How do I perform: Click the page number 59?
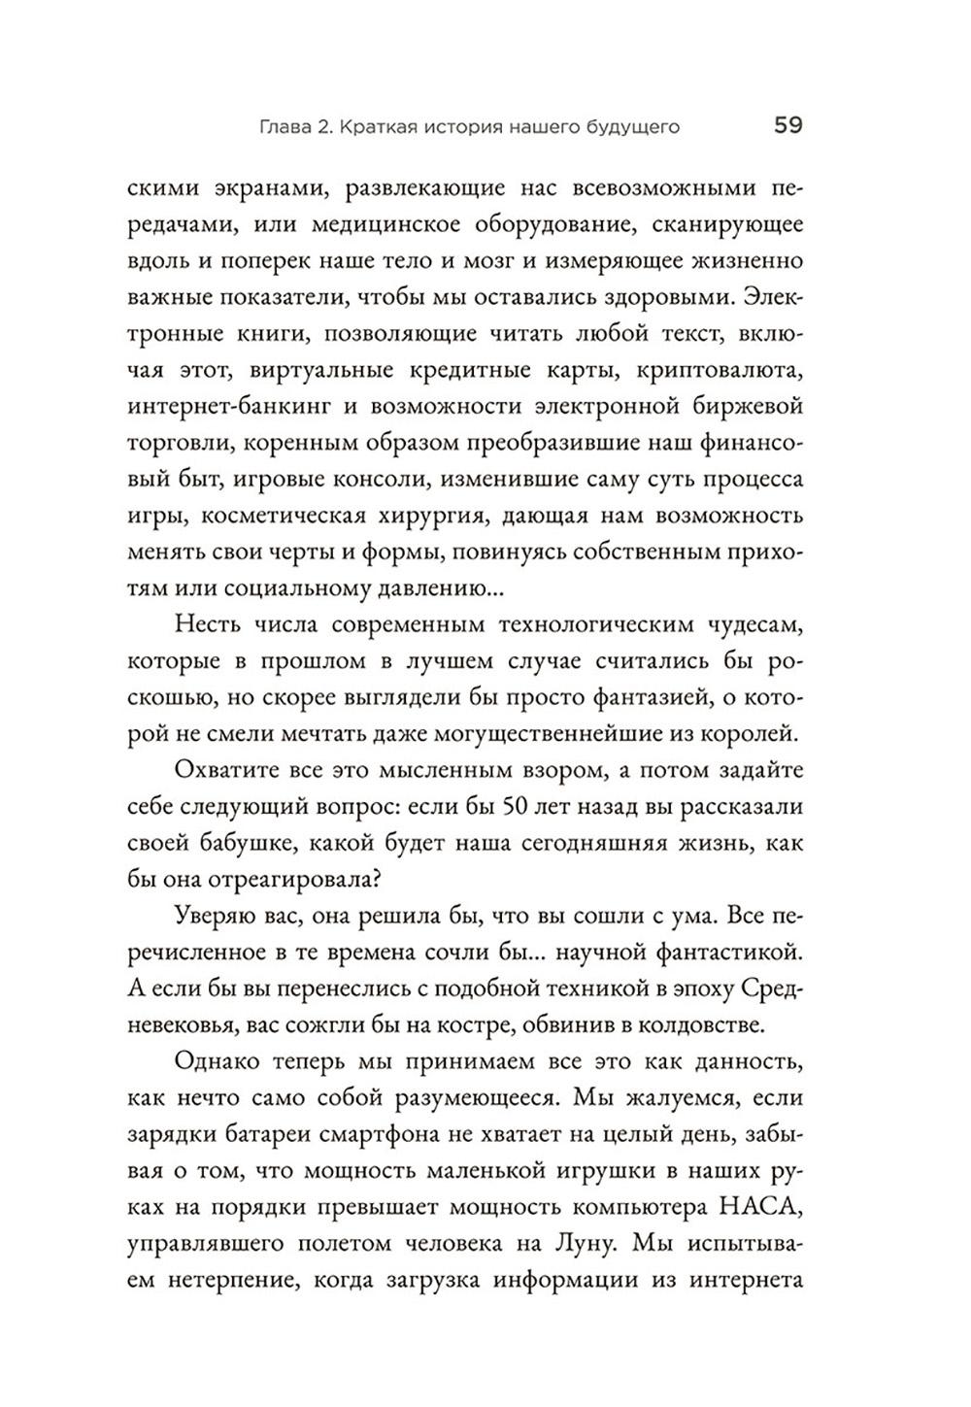click(787, 125)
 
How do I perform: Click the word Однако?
click(219, 1064)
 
